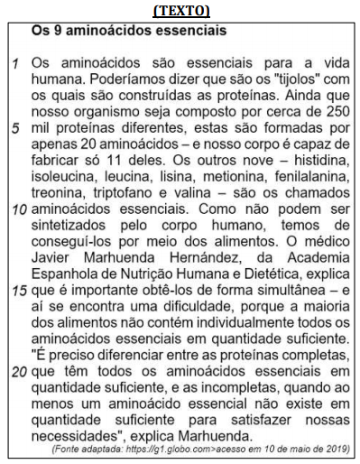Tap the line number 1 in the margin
coord(15,66)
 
